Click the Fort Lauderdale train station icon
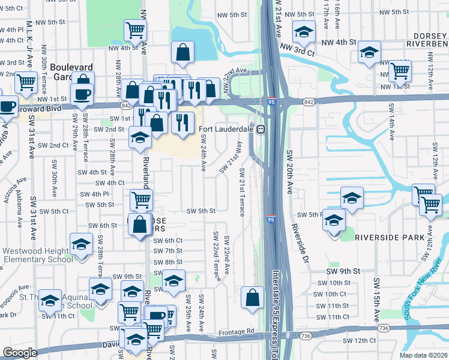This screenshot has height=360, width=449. tap(261, 129)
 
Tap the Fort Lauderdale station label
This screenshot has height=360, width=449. tap(226, 129)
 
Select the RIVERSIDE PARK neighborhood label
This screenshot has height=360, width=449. tap(389, 238)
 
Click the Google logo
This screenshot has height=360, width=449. tap(19, 352)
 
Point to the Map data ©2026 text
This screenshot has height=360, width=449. tap(423, 355)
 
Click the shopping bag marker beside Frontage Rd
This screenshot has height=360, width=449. tap(253, 298)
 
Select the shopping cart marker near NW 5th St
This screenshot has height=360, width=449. tap(136, 29)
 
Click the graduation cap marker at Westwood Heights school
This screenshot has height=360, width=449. tap(80, 245)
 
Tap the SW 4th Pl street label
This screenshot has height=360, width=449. tap(92, 194)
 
